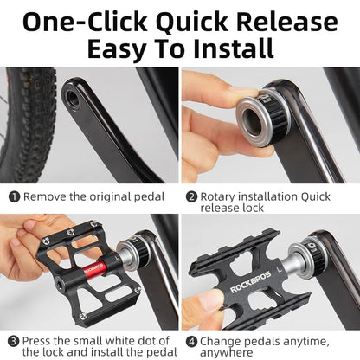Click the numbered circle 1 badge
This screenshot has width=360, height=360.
[15, 196]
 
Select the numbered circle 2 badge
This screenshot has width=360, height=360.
[191, 196]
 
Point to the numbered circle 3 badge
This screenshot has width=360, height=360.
[15, 341]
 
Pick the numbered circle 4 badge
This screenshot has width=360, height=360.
[191, 341]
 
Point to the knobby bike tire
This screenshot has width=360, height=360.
[26, 121]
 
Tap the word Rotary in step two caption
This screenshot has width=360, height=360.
[221, 196]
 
